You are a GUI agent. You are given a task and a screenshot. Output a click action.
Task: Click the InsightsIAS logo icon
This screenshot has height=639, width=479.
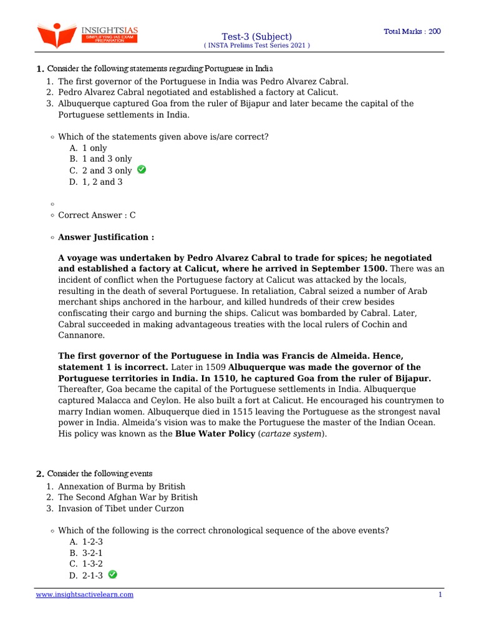coord(56,35)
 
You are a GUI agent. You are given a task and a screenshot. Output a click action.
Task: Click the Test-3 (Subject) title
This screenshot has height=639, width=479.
coord(256,37)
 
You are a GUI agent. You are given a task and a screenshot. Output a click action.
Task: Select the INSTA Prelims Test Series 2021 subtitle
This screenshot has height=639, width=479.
coord(256,46)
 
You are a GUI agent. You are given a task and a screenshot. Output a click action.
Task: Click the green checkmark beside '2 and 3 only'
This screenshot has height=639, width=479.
coord(142,170)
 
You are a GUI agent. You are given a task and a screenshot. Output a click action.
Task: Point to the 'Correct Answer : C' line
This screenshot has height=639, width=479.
coord(97,215)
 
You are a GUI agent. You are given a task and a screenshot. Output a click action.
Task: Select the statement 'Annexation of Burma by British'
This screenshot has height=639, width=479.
coord(122,486)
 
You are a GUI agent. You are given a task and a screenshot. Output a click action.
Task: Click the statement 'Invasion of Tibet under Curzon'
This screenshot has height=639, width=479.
coord(121,509)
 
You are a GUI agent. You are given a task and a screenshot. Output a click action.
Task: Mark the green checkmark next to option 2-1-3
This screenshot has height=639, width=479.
coord(112,574)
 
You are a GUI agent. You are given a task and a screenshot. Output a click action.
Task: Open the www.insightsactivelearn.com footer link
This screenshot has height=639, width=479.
coord(84,595)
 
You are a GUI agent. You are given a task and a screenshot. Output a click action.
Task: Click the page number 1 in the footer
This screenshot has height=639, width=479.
coord(440,595)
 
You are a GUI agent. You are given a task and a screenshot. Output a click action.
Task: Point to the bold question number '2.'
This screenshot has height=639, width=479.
coord(40,474)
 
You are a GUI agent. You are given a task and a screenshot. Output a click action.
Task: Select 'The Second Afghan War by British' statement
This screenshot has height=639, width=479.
coord(128,497)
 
